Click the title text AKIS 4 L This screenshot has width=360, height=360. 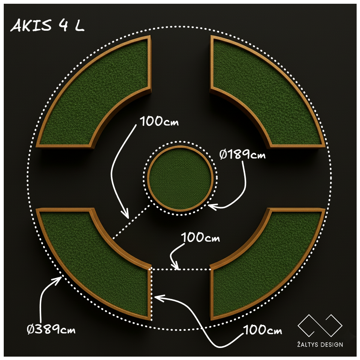click(x=47, y=25)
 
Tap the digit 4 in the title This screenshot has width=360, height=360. click(x=63, y=25)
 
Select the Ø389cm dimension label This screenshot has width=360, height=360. click(x=51, y=329)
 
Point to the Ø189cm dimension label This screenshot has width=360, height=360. click(x=242, y=154)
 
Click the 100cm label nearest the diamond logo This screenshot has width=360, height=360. click(x=263, y=330)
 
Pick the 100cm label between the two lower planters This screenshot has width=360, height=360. click(x=200, y=237)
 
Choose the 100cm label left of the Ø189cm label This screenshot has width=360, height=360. click(x=159, y=121)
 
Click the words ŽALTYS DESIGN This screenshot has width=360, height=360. click(x=320, y=344)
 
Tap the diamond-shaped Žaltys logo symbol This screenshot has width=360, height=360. click(x=320, y=326)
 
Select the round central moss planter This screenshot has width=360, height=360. click(x=180, y=178)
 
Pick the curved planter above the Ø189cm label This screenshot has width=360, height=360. click(x=267, y=91)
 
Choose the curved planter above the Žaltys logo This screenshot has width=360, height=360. click(x=267, y=264)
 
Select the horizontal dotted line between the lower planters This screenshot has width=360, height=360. click(x=181, y=269)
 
